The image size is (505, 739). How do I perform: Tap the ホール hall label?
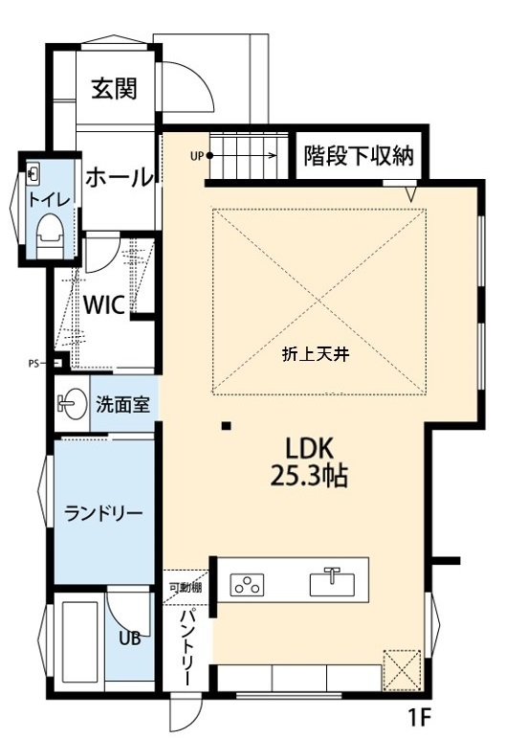point(119,177)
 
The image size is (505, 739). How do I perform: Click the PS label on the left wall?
point(34,363)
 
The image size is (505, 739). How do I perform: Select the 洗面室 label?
point(122,404)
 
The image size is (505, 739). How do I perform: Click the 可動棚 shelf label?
point(185,587)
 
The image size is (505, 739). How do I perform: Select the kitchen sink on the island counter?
point(331,582)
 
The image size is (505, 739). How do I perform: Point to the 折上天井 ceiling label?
point(319,353)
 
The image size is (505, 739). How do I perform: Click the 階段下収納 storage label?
point(359,156)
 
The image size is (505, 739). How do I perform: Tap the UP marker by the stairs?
point(197,155)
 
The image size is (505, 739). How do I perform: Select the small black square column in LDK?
point(225,425)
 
